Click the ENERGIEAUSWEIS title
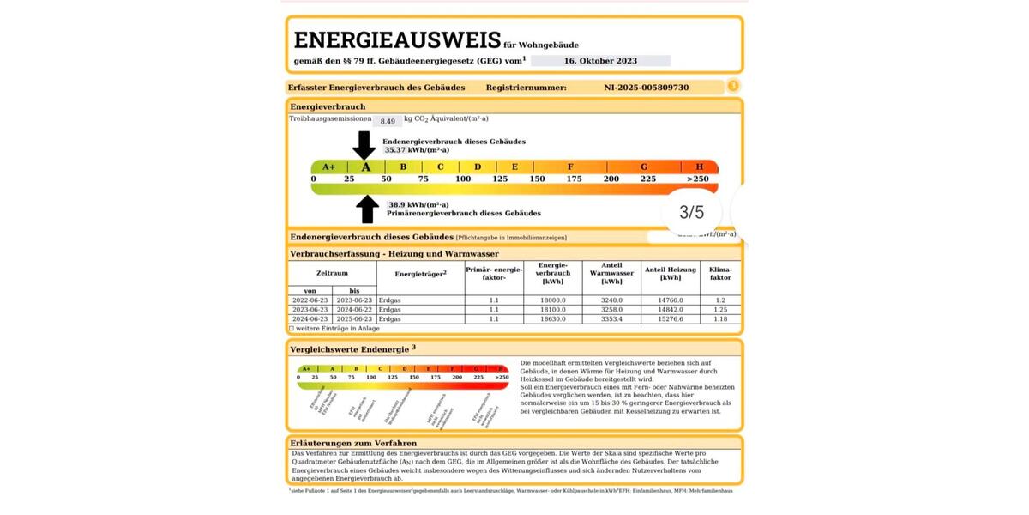click(x=397, y=40)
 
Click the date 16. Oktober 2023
click(x=600, y=61)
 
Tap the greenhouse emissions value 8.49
click(x=388, y=122)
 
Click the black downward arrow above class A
click(x=364, y=144)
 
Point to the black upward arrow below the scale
click(x=367, y=209)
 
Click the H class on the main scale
click(x=699, y=167)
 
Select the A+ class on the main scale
click(x=328, y=167)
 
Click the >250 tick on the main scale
click(x=697, y=179)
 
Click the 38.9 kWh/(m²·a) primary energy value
click(x=406, y=205)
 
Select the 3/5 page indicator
click(x=691, y=212)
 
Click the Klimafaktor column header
click(x=720, y=273)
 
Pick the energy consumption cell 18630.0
click(x=553, y=318)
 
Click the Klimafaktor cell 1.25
click(x=720, y=309)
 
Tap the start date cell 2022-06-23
click(x=310, y=300)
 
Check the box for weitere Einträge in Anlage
click(x=292, y=328)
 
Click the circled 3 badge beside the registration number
click(x=733, y=86)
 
